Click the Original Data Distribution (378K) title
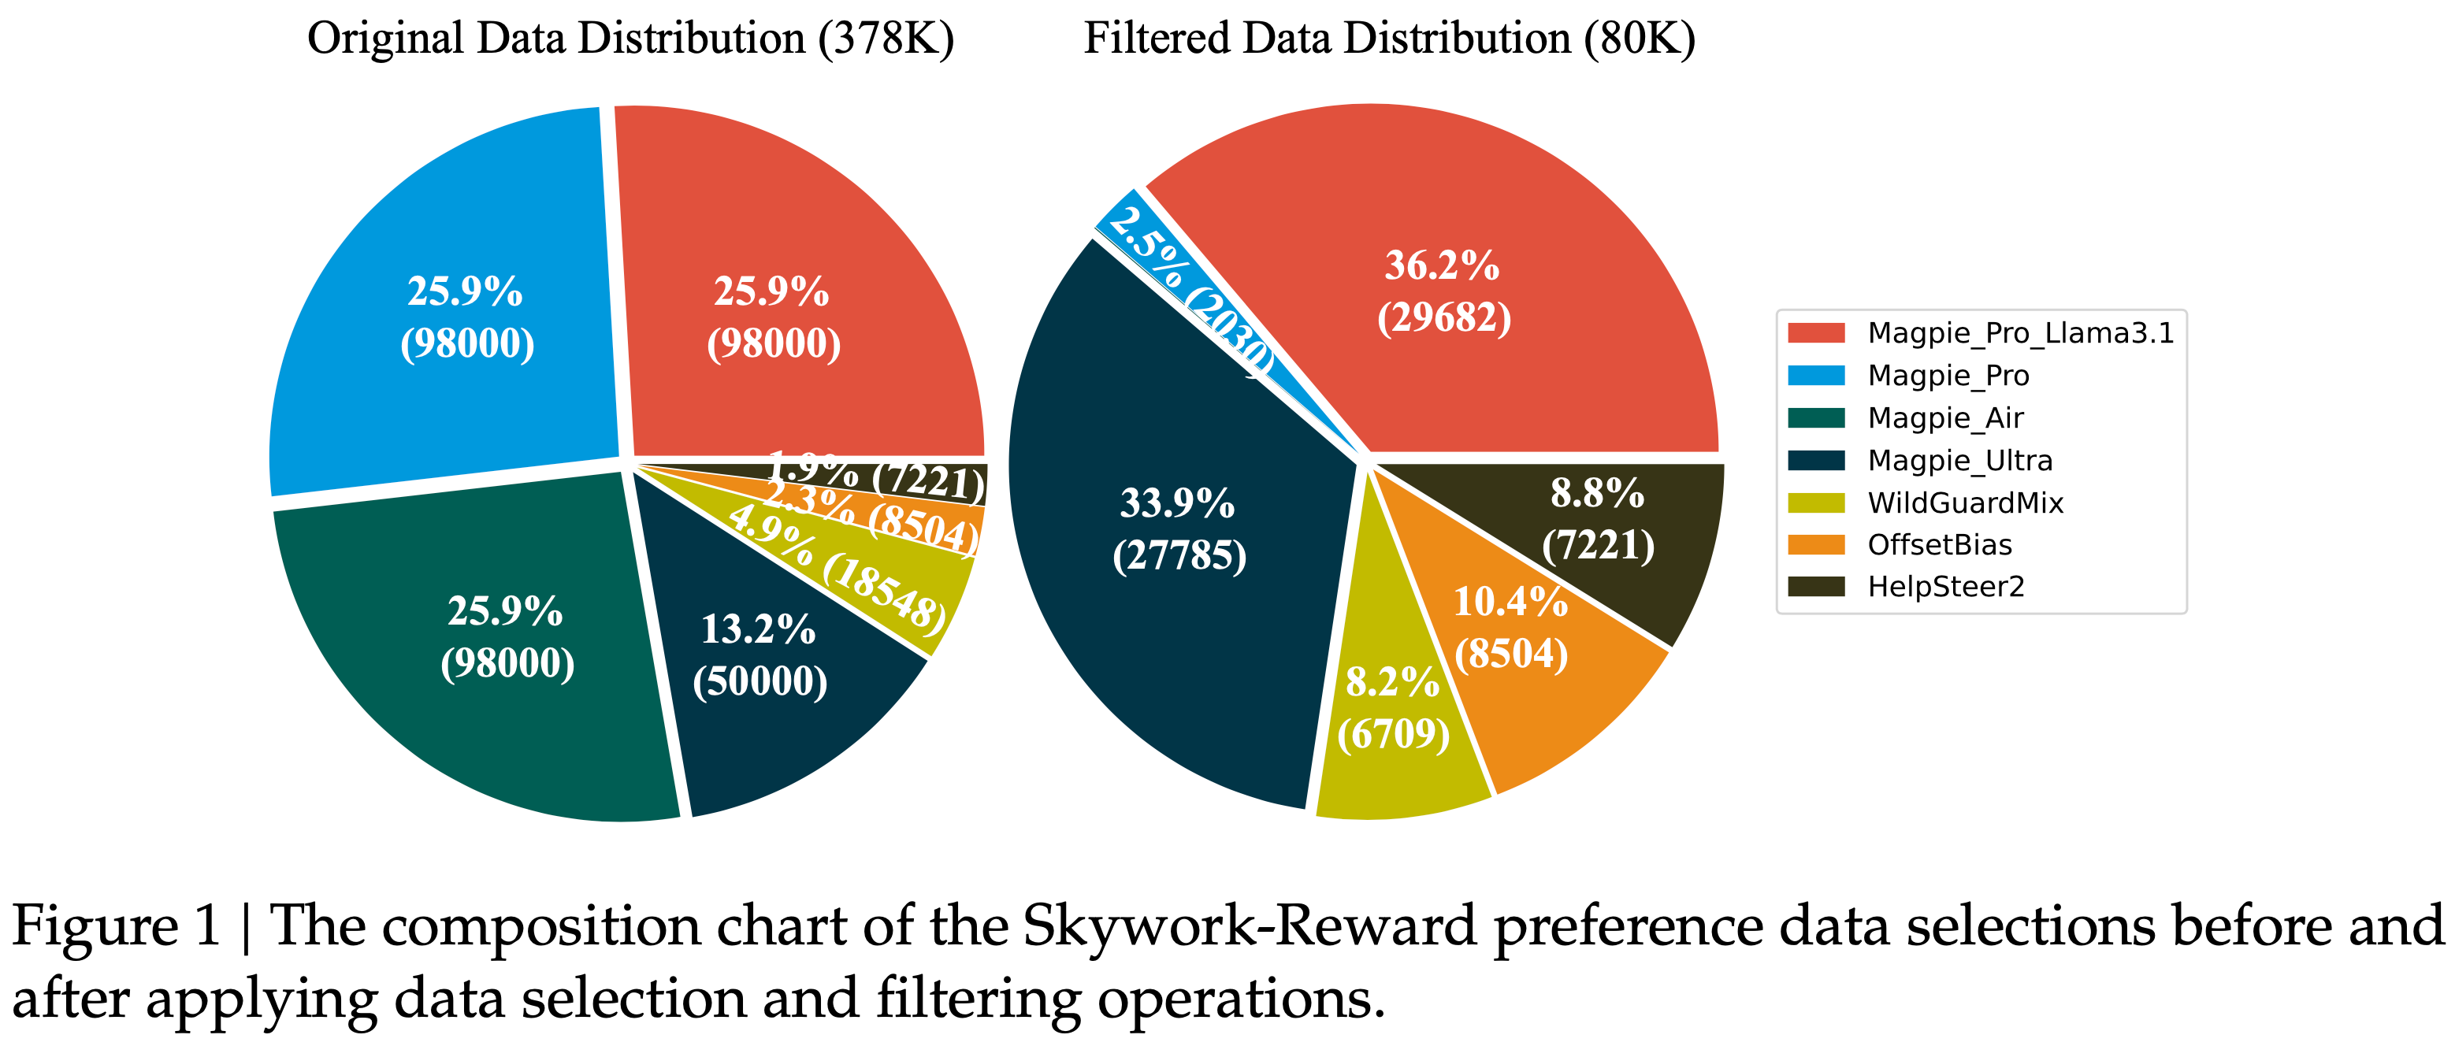630,39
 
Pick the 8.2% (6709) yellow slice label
1392,707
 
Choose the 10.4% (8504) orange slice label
1510,627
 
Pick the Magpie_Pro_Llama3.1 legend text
2020,332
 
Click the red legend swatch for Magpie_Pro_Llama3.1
1815,332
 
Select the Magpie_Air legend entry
1944,417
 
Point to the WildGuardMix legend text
1965,503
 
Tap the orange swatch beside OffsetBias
1815,544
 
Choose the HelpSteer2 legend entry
1945,586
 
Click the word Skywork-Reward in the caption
1250,926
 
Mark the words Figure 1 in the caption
115,926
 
